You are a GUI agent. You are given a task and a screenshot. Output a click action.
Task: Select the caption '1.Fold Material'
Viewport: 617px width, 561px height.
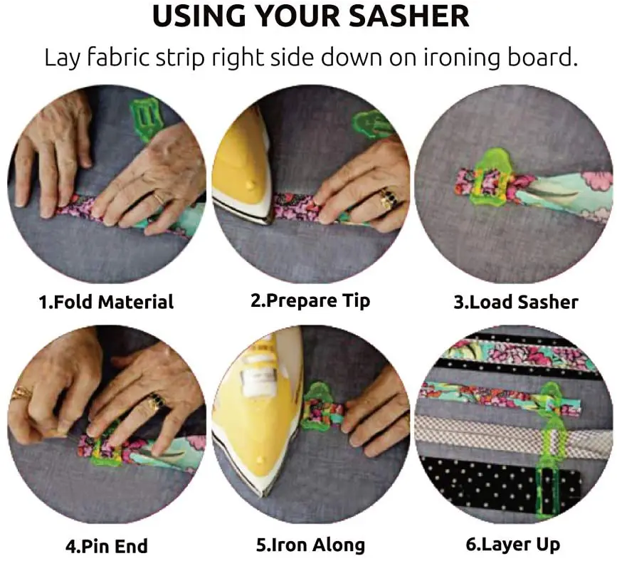tap(105, 302)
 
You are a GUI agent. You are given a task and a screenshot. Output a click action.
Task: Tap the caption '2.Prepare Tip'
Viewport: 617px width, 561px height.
tap(310, 300)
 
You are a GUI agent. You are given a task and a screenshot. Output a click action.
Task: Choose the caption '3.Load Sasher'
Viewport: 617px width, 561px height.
tap(516, 302)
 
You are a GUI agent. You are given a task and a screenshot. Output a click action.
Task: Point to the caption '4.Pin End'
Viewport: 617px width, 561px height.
tap(107, 547)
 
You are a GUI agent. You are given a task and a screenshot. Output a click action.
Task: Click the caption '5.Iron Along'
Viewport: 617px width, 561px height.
tap(310, 545)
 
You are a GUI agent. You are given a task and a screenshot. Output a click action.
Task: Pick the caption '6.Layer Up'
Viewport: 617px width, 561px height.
tap(512, 545)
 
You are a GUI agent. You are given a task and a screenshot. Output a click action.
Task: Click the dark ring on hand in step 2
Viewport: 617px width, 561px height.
tap(389, 199)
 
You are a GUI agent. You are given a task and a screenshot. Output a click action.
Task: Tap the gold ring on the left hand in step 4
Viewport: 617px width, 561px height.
tap(21, 392)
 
